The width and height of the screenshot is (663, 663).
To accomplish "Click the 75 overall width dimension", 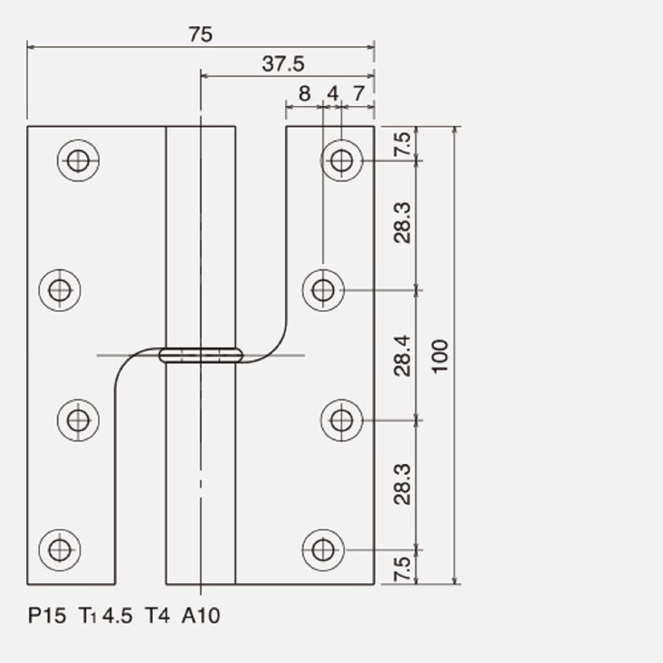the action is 201,34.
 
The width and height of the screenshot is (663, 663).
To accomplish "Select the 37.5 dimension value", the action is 283,64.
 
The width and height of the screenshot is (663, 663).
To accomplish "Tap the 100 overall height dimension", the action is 440,356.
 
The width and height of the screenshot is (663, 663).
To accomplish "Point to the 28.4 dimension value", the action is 402,356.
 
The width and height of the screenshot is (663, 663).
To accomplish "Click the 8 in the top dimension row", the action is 304,94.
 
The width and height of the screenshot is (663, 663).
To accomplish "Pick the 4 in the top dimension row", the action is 333,94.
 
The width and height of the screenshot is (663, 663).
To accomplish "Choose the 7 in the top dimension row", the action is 359,94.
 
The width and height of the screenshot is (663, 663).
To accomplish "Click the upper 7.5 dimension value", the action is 402,144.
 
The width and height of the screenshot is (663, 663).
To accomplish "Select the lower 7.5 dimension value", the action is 402,569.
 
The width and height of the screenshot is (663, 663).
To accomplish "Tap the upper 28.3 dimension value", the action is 402,223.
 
